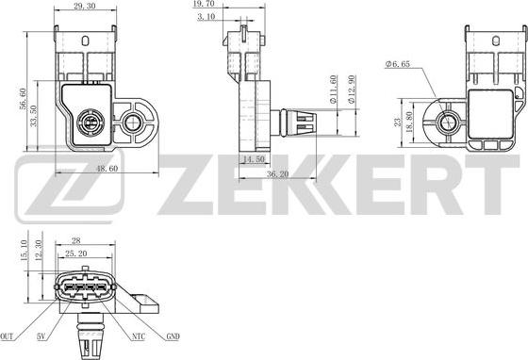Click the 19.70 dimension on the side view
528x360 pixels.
[x=242, y=6]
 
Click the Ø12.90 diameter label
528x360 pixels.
[x=351, y=89]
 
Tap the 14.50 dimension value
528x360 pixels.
[x=254, y=160]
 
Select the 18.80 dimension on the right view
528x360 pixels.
[x=408, y=122]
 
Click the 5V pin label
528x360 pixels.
[x=42, y=336]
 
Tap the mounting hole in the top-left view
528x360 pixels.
[x=131, y=121]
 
